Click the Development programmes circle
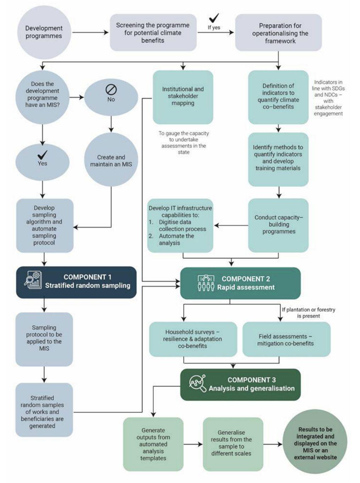(x=44, y=32)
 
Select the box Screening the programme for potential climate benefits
(x=153, y=33)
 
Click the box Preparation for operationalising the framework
(x=279, y=33)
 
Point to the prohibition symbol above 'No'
(x=111, y=90)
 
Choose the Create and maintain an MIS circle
(x=111, y=160)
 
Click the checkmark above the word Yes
(x=43, y=154)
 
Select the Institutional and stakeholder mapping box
(x=183, y=97)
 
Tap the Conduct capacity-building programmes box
(x=279, y=225)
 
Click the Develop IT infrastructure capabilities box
(x=180, y=226)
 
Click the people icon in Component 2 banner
(x=206, y=283)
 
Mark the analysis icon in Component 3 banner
(x=198, y=384)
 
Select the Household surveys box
(x=193, y=339)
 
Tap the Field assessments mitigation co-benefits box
(x=286, y=340)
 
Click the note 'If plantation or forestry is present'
(x=308, y=313)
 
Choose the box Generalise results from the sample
(x=233, y=443)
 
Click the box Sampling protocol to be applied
(x=44, y=339)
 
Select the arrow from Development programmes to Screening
(x=90, y=33)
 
